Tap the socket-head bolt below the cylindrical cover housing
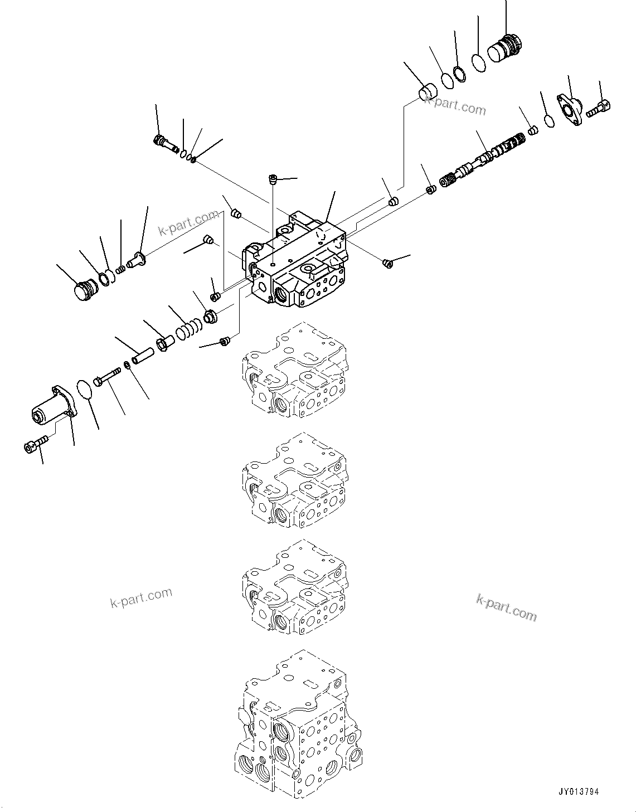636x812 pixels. [35, 444]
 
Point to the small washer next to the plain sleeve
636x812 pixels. [128, 365]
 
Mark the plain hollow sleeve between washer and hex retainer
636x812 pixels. [142, 354]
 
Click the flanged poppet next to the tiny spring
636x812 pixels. [136, 259]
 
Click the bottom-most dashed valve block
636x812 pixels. [295, 719]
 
